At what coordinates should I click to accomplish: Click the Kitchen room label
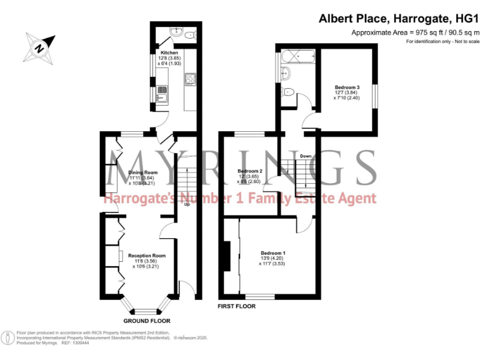(x=169, y=53)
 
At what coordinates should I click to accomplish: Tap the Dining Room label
(x=143, y=172)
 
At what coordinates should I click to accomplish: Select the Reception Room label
(x=147, y=256)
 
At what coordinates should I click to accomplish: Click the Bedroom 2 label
(x=249, y=171)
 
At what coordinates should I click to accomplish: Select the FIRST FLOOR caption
(x=236, y=306)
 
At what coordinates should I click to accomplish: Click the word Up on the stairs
(x=186, y=204)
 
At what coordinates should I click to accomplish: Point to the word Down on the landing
(x=306, y=156)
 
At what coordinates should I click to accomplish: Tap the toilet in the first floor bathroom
(x=288, y=92)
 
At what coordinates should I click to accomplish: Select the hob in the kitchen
(x=191, y=79)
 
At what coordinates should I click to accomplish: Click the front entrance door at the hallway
(x=186, y=288)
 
